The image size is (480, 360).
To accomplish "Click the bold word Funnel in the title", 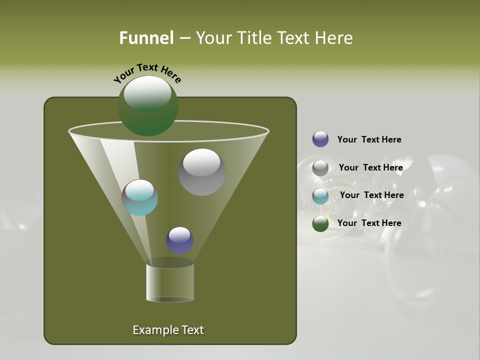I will (x=146, y=38).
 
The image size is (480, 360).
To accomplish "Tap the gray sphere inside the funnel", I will (x=201, y=172).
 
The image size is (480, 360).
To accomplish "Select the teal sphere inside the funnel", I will (x=140, y=197).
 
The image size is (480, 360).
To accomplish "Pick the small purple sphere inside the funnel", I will (x=179, y=240).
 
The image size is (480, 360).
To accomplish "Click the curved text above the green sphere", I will (x=147, y=73).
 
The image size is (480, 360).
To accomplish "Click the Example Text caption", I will (x=168, y=330).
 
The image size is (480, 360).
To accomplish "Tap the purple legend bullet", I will (x=320, y=139).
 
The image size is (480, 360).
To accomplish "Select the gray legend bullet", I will (x=320, y=168).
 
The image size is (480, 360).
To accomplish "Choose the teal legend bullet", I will (x=320, y=196).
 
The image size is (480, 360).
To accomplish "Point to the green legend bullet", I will (x=320, y=223).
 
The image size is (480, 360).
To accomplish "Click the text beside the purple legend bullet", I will (x=369, y=140).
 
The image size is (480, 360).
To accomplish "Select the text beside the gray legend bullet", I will (x=370, y=168).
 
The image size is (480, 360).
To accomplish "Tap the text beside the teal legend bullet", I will (x=371, y=195).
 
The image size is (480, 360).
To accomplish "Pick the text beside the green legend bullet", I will (x=369, y=223).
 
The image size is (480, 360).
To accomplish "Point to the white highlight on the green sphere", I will (x=147, y=93).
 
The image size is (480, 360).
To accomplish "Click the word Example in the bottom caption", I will (x=150, y=330).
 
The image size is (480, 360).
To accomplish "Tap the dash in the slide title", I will (x=184, y=38).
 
